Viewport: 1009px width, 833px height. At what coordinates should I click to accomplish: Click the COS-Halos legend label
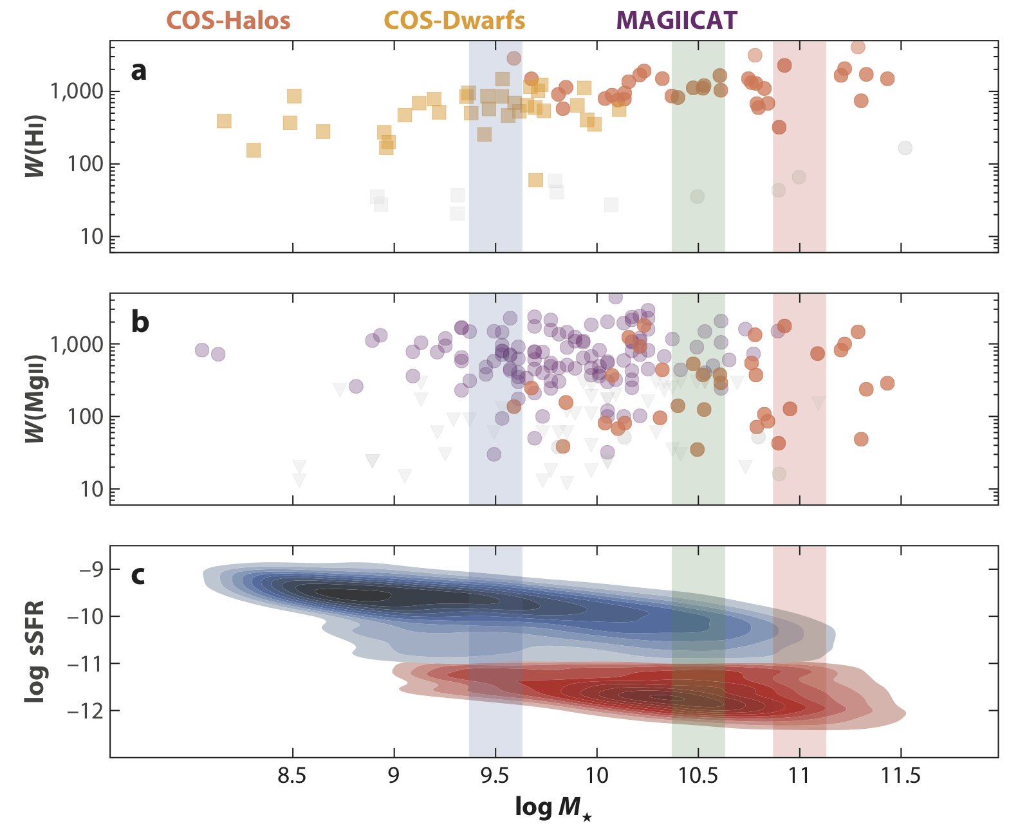coord(228,21)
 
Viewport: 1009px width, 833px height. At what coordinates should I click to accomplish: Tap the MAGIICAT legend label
coord(677,21)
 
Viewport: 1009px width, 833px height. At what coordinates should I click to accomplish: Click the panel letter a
coord(138,70)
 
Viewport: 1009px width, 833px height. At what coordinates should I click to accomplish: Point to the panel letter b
coord(140,322)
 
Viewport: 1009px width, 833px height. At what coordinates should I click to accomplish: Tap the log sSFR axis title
coord(35,651)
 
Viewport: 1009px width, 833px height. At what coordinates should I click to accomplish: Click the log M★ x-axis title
coord(553,808)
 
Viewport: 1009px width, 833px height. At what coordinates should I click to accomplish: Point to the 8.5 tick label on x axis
coord(293,776)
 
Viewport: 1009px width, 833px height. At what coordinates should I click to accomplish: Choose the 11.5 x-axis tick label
coord(900,776)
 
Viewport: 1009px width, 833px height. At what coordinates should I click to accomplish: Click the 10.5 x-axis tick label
coord(698,776)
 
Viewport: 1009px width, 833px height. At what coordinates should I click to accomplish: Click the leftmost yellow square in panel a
coord(224,121)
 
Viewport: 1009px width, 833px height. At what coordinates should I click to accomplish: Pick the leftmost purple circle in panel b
coord(202,350)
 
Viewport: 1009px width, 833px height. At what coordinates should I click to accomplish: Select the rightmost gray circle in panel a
coord(905,148)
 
